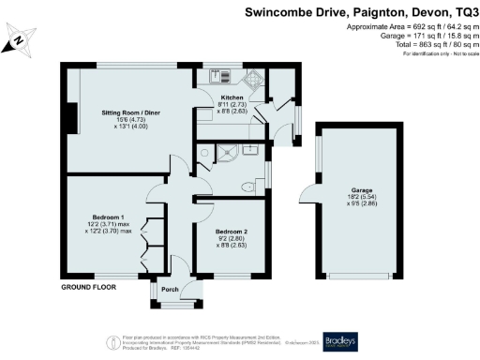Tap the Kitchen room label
[232, 97]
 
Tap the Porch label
[170, 289]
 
